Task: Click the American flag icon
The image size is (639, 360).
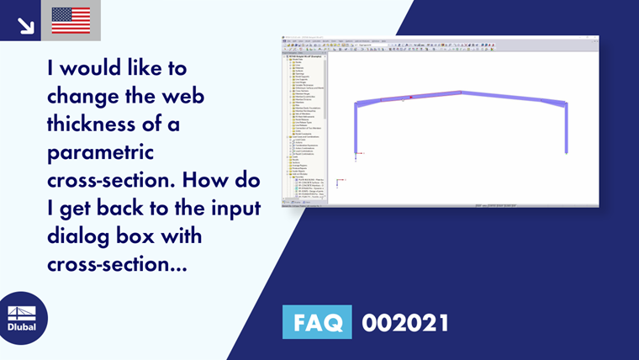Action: tap(71, 20)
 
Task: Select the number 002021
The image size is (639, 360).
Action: tap(405, 323)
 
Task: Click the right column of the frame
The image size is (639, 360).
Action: tap(566, 128)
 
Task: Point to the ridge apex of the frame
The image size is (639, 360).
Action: tap(461, 93)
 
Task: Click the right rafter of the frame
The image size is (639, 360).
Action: tap(513, 98)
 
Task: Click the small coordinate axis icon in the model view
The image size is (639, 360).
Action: tap(339, 181)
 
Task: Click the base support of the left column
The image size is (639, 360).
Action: tap(358, 153)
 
